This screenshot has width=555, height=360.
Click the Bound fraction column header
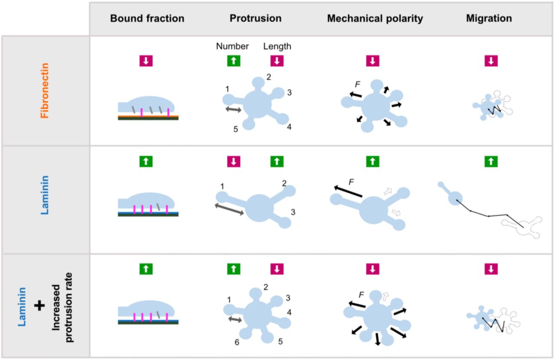coord(147,18)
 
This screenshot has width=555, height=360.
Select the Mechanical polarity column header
coord(375,18)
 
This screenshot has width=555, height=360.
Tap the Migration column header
coord(489,18)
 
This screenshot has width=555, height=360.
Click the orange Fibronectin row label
coord(44,91)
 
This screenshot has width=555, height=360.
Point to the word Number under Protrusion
coord(232,46)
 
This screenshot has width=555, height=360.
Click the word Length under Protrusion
coord(277,46)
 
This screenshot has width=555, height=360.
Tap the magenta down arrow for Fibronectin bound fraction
coord(146,61)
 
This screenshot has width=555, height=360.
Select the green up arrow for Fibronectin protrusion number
coord(233,61)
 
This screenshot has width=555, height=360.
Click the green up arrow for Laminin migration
coord(491,162)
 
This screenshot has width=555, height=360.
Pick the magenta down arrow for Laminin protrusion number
coord(233,162)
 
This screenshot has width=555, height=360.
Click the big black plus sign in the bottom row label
coord(39,306)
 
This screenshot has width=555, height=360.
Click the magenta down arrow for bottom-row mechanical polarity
coord(372,269)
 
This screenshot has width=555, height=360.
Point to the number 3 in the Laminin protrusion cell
coord(293,212)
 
